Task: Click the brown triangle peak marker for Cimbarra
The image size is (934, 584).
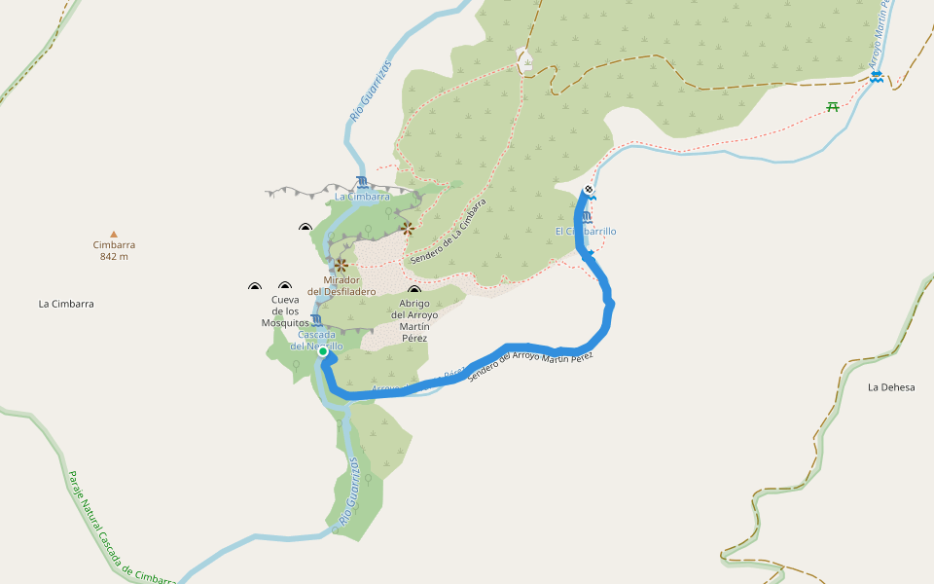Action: [x=114, y=234]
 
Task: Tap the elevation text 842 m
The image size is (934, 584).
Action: [x=114, y=257]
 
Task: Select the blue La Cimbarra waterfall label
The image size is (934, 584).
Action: [x=362, y=197]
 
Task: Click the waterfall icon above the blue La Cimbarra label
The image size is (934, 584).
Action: [x=362, y=182]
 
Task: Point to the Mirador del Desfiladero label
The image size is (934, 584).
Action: [x=341, y=285]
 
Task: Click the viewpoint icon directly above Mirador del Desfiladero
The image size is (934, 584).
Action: [x=341, y=264]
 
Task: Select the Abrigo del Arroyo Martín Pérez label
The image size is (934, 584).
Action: [x=414, y=320]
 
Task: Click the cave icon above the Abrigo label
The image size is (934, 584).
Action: [x=414, y=291]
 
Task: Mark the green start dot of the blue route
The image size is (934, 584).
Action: [x=323, y=352]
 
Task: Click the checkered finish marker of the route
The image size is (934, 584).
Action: [x=589, y=190]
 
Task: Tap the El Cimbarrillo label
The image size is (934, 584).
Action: [x=586, y=232]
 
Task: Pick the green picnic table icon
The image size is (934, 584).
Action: [x=833, y=107]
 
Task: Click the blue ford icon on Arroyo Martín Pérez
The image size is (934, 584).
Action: [x=877, y=76]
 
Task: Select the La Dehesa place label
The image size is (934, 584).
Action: [x=891, y=387]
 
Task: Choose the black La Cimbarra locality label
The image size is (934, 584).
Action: [x=66, y=304]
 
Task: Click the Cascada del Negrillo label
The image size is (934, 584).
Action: [x=317, y=340]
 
